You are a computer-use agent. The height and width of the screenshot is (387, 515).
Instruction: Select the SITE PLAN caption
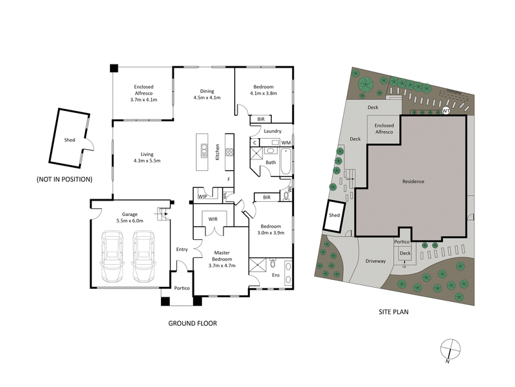pyautogui.click(x=393, y=312)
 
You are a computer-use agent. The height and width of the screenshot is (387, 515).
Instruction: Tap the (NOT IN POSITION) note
pyautogui.click(x=64, y=179)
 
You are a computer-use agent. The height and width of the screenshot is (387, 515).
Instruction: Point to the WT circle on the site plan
pyautogui.click(x=445, y=112)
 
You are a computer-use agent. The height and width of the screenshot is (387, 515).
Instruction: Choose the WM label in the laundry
pyautogui.click(x=285, y=142)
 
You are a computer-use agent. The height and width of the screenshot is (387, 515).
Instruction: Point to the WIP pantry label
pyautogui.click(x=202, y=196)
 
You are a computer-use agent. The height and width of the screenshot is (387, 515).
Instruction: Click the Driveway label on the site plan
pyautogui.click(x=375, y=261)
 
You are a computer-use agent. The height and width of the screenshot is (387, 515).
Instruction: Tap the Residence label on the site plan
pyautogui.click(x=413, y=181)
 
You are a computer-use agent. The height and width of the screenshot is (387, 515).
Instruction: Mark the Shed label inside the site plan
pyautogui.click(x=334, y=215)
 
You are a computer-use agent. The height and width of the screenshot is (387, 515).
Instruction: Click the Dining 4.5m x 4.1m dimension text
pyautogui.click(x=207, y=94)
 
